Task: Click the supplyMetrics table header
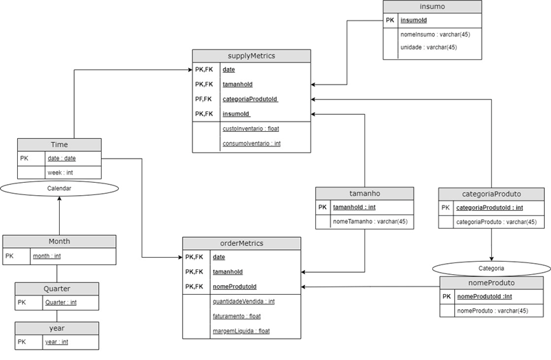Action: click(x=251, y=56)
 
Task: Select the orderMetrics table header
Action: click(x=241, y=243)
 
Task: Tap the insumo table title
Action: click(x=432, y=7)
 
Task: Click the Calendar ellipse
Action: click(x=59, y=188)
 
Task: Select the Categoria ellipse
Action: click(x=491, y=268)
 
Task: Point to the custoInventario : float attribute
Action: click(x=250, y=128)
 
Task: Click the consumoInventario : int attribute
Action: click(x=251, y=144)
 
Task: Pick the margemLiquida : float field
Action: click(x=241, y=331)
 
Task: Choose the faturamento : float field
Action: click(x=237, y=316)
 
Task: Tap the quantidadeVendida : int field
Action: click(x=244, y=301)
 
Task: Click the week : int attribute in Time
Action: click(x=60, y=172)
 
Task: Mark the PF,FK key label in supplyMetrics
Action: click(x=203, y=99)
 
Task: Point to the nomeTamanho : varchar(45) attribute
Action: click(x=370, y=221)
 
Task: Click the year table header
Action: click(x=56, y=328)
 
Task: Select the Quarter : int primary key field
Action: click(x=60, y=302)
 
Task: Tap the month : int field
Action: click(x=47, y=256)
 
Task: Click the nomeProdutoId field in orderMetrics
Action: click(x=234, y=286)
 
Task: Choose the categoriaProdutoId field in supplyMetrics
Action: click(x=249, y=99)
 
